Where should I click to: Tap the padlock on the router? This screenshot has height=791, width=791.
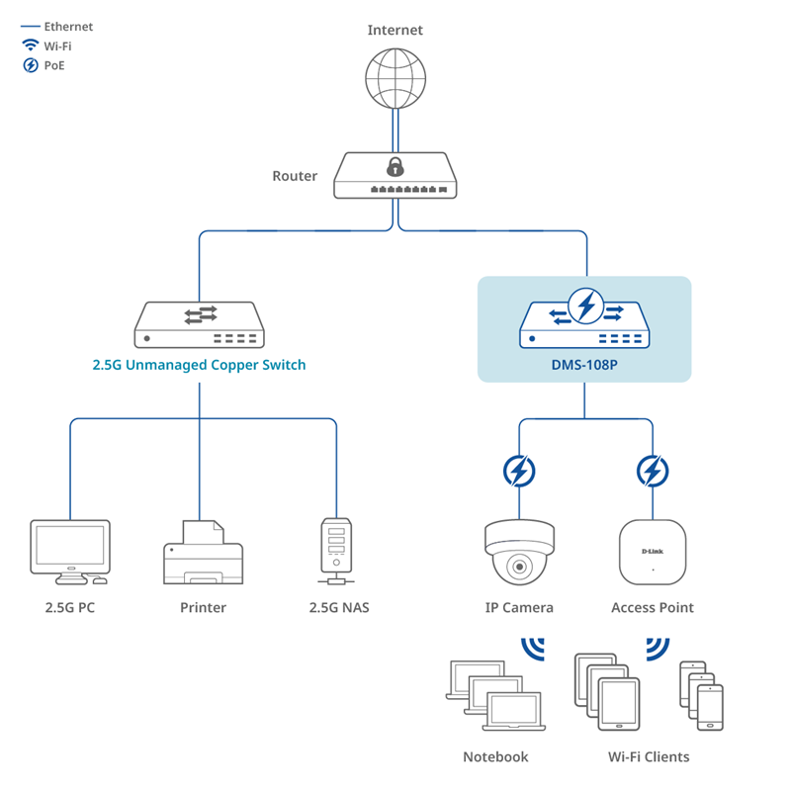(x=395, y=165)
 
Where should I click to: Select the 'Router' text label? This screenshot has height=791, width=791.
(x=295, y=176)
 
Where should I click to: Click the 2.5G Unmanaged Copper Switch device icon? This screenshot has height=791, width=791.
(x=199, y=323)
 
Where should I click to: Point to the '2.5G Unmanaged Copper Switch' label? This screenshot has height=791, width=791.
(x=199, y=365)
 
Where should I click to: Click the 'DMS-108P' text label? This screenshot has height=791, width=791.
(x=584, y=365)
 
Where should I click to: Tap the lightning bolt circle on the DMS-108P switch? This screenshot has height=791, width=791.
(x=586, y=305)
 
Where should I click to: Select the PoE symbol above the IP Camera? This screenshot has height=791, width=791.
(x=519, y=472)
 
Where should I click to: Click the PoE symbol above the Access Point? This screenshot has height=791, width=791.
(x=652, y=472)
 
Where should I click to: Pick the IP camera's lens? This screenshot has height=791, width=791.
(x=519, y=567)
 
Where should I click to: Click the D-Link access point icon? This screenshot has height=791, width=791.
(x=653, y=552)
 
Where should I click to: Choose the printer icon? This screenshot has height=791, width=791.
(x=202, y=554)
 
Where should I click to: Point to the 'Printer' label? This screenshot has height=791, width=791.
(x=203, y=607)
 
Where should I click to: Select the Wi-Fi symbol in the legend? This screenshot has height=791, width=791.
(x=31, y=46)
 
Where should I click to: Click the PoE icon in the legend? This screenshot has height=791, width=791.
(x=31, y=66)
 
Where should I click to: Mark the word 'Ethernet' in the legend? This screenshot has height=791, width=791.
(x=68, y=27)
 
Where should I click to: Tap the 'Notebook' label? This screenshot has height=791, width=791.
(x=495, y=756)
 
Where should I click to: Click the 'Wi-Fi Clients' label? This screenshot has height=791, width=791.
(x=649, y=756)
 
